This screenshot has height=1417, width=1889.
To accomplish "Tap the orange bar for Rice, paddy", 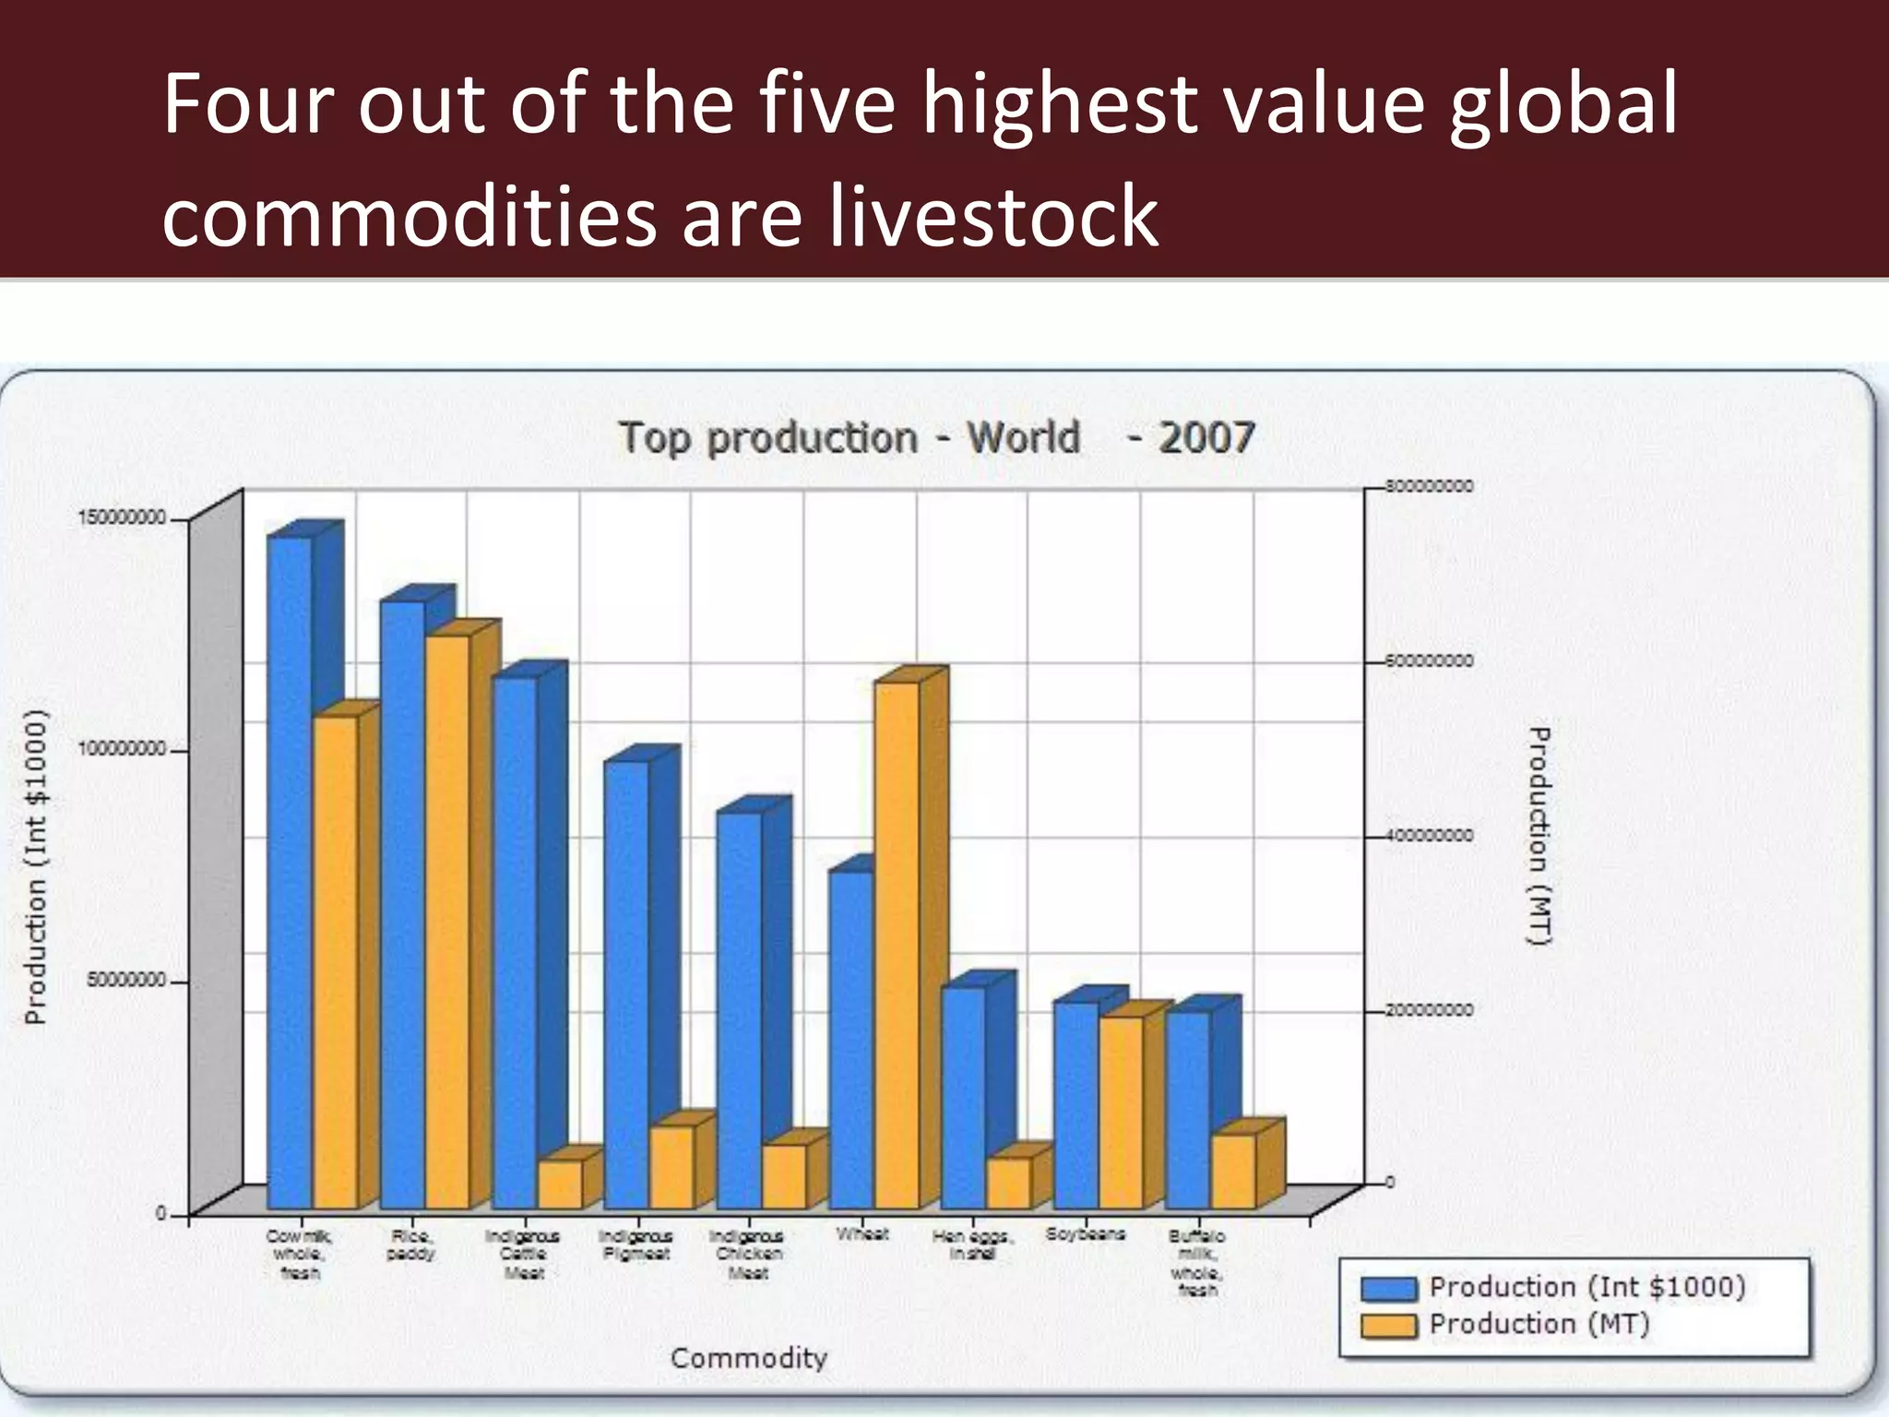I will tap(447, 923).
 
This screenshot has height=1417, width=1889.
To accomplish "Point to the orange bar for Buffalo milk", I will tap(1233, 1172).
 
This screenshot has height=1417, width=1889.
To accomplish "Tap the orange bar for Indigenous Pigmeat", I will tap(671, 1167).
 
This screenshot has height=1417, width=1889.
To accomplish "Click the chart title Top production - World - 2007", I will tap(936, 437).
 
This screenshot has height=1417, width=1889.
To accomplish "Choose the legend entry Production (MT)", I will tap(1539, 1325).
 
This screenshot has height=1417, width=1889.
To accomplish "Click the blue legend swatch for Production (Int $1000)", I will tap(1388, 1289).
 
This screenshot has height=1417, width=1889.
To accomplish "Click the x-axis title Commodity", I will tap(748, 1358).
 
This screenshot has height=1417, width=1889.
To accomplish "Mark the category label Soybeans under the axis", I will tap(1085, 1234).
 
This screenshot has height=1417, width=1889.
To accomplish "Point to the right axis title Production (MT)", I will tap(1539, 836).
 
